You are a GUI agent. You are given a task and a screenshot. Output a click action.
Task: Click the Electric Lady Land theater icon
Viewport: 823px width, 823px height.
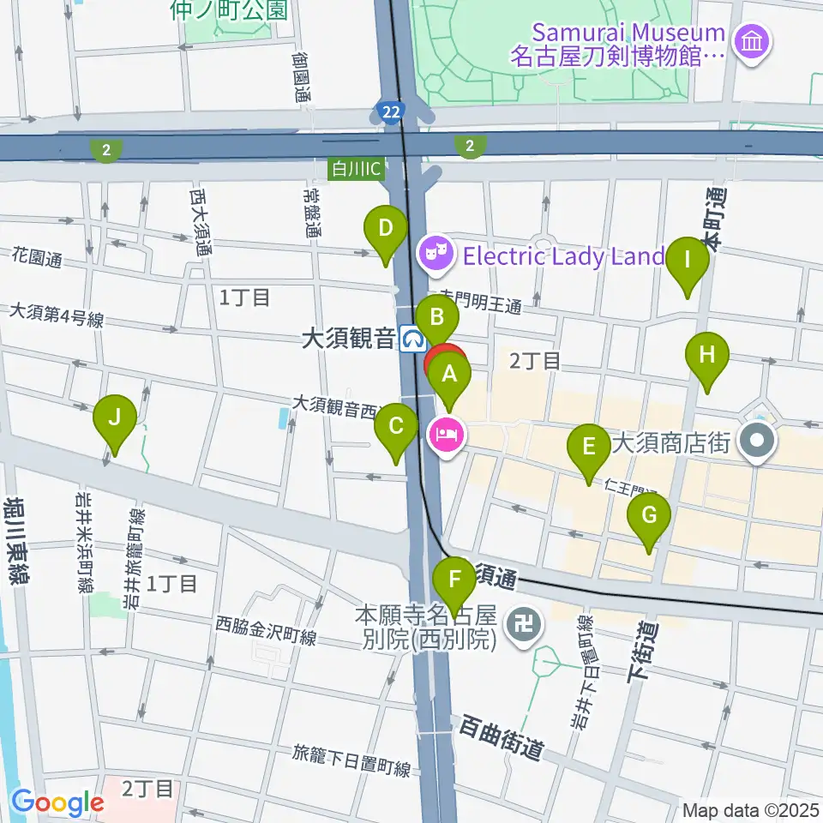pos(434,254)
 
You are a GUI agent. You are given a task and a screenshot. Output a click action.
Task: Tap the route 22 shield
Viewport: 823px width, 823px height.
pos(390,111)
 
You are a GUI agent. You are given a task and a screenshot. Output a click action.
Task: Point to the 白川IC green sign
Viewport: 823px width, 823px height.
pos(358,169)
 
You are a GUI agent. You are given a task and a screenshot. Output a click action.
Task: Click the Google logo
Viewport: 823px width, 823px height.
pos(57,802)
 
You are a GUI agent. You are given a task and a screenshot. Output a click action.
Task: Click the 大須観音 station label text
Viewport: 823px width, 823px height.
pos(347,339)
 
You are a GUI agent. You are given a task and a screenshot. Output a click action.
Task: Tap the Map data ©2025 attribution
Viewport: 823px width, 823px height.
pos(749,809)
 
